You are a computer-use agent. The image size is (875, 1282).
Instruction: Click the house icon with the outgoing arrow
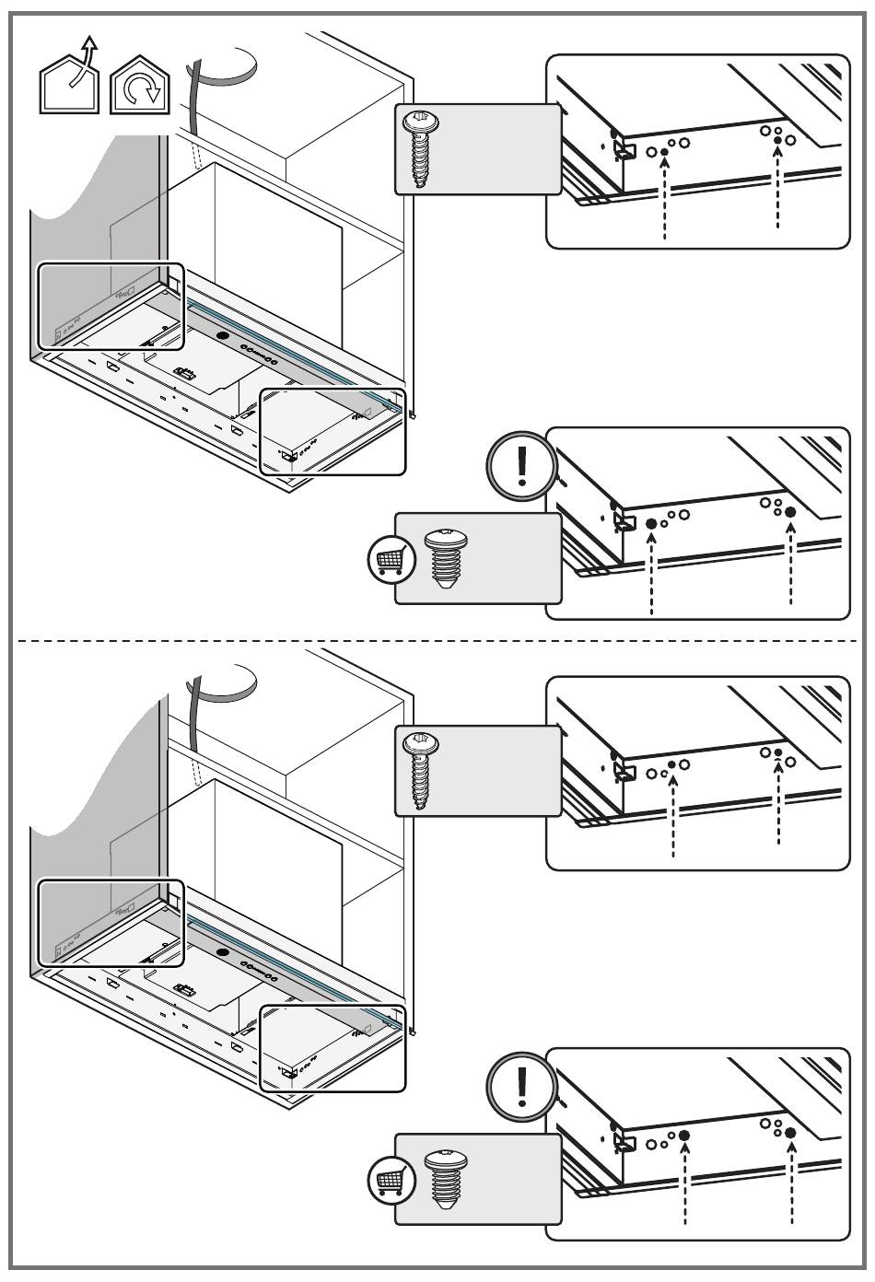[x=71, y=81]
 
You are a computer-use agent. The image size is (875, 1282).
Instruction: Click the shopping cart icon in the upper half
[x=386, y=559]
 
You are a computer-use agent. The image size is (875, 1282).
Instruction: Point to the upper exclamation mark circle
[x=520, y=467]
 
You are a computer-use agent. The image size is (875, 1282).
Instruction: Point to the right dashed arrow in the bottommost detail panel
[x=790, y=1187]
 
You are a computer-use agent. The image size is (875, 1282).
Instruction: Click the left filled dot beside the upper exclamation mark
[x=651, y=524]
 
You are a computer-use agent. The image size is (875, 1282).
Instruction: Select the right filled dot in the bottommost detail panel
[x=790, y=1132]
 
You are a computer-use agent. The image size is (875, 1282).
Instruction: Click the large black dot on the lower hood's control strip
[x=222, y=952]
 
